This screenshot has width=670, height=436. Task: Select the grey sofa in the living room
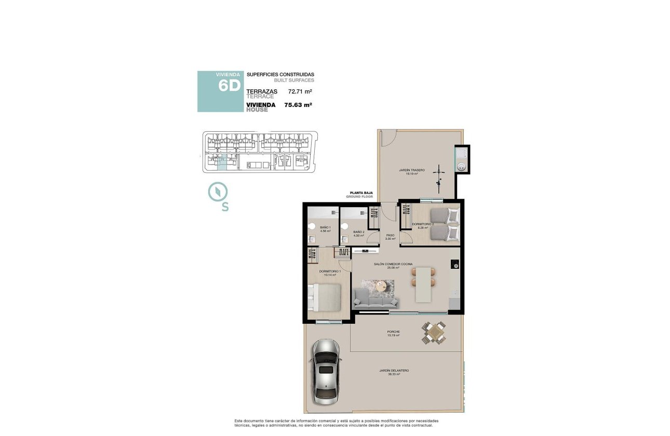[x=376, y=298]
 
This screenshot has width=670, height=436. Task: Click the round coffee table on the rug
[x=382, y=285]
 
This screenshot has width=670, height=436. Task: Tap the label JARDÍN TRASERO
[x=412, y=170]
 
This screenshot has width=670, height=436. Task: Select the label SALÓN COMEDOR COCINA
[x=393, y=264]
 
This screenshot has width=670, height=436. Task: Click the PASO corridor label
[x=390, y=235]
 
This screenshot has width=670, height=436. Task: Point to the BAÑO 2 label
[x=358, y=232]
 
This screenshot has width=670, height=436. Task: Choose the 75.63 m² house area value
[x=298, y=105]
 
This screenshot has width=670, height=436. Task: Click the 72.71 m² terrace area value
[x=300, y=91]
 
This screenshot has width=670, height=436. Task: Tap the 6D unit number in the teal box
[x=229, y=86]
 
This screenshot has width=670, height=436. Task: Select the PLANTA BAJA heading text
[x=361, y=193]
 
